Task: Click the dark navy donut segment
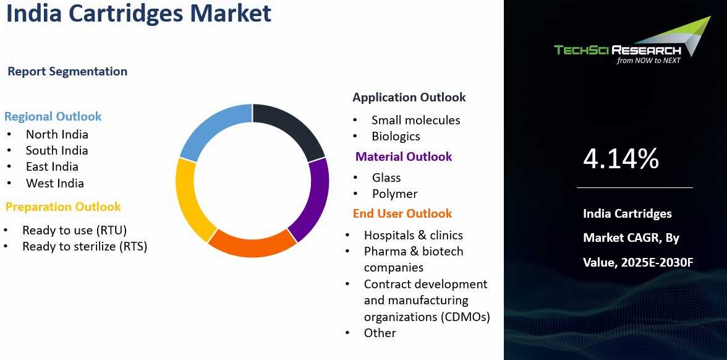[292, 124]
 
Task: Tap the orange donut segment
[252, 244]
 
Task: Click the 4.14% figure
[621, 158]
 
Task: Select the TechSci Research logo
[632, 43]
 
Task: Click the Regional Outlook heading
[53, 116]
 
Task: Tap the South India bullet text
[57, 150]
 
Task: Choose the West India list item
[55, 183]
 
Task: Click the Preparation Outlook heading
[63, 207]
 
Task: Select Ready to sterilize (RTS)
[85, 246]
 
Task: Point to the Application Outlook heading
[409, 98]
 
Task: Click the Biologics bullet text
[396, 136]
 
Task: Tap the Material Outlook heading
[404, 157]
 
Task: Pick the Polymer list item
[394, 194]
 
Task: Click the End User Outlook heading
[402, 213]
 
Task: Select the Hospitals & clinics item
[414, 235]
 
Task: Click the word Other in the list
[380, 333]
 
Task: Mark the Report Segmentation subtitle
[68, 72]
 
